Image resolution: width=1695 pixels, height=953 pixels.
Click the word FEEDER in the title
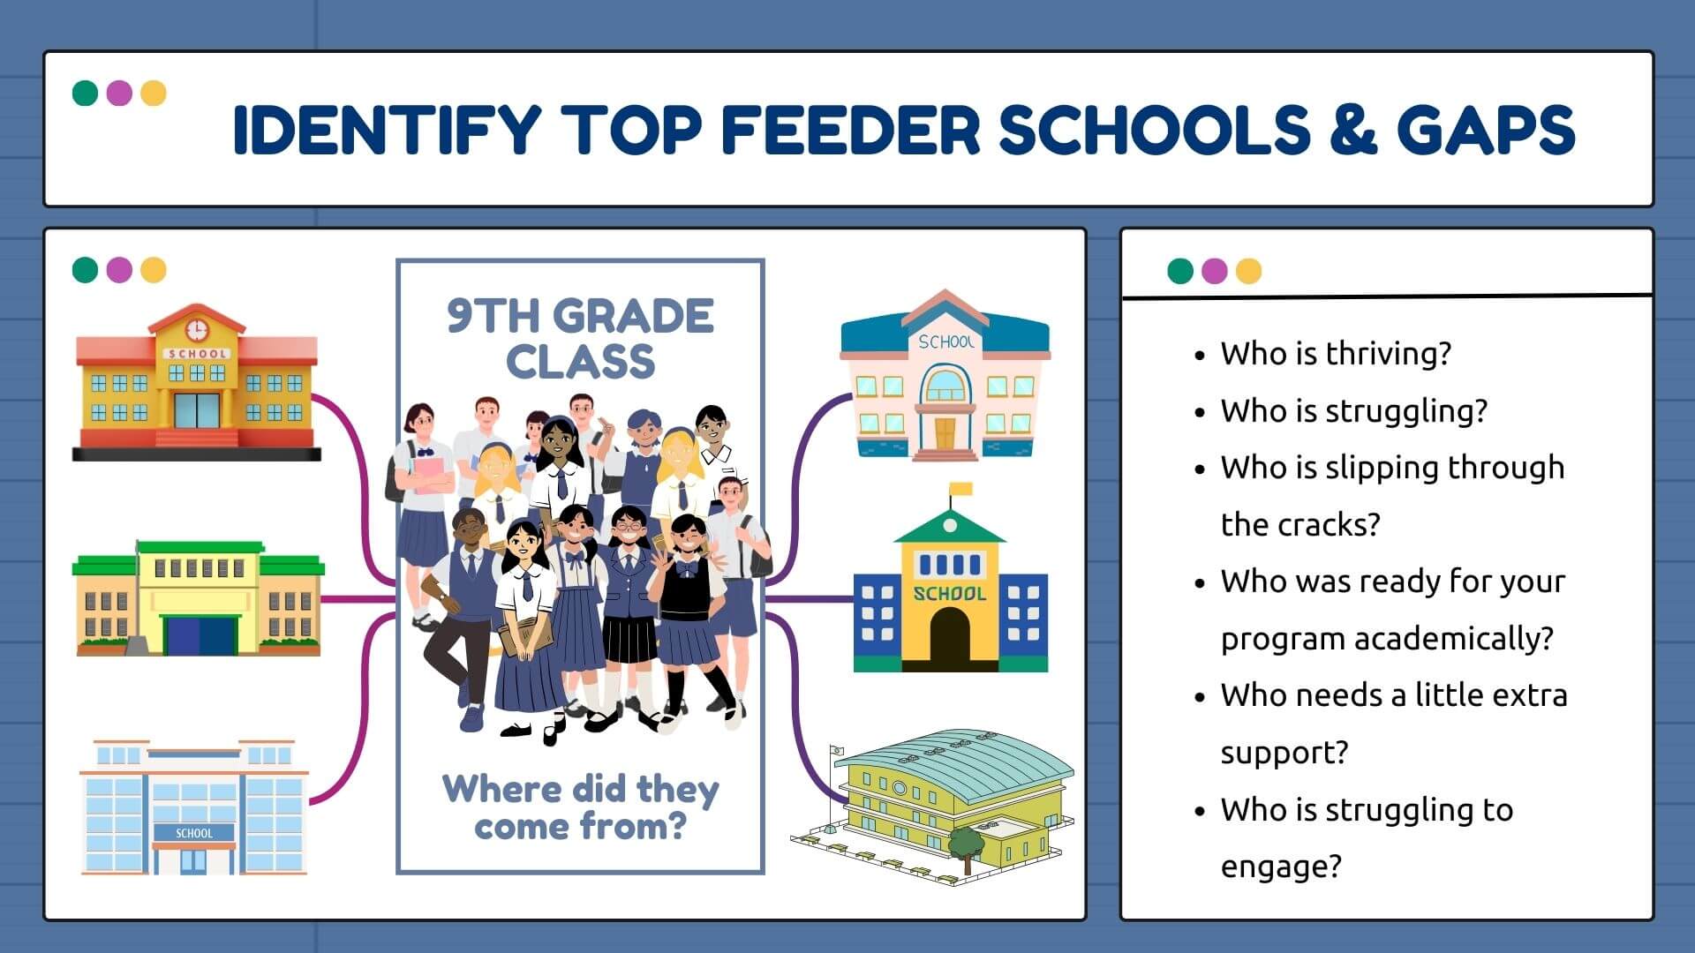tap(850, 129)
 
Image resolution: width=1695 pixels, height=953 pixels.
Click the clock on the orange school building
tap(196, 329)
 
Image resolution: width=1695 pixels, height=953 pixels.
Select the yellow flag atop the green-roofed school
tap(960, 489)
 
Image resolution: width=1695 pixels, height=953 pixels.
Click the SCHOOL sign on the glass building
tap(193, 833)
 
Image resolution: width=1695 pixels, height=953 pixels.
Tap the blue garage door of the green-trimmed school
tap(202, 634)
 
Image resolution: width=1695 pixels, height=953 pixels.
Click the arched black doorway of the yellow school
tap(949, 636)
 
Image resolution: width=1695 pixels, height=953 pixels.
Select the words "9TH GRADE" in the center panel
tap(580, 316)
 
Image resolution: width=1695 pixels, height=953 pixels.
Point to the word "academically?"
tap(1453, 638)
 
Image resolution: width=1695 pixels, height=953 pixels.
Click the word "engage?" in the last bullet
tap(1281, 867)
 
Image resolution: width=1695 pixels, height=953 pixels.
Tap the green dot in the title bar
tap(85, 93)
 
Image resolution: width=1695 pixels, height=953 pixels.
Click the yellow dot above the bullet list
tap(1248, 271)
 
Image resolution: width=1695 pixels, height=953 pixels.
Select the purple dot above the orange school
tap(119, 269)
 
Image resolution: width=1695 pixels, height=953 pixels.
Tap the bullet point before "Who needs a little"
tap(1199, 697)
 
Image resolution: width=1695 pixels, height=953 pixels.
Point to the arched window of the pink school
tap(945, 385)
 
